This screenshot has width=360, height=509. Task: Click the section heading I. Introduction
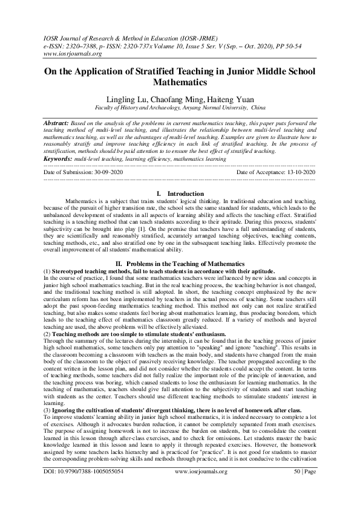[180, 193]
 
